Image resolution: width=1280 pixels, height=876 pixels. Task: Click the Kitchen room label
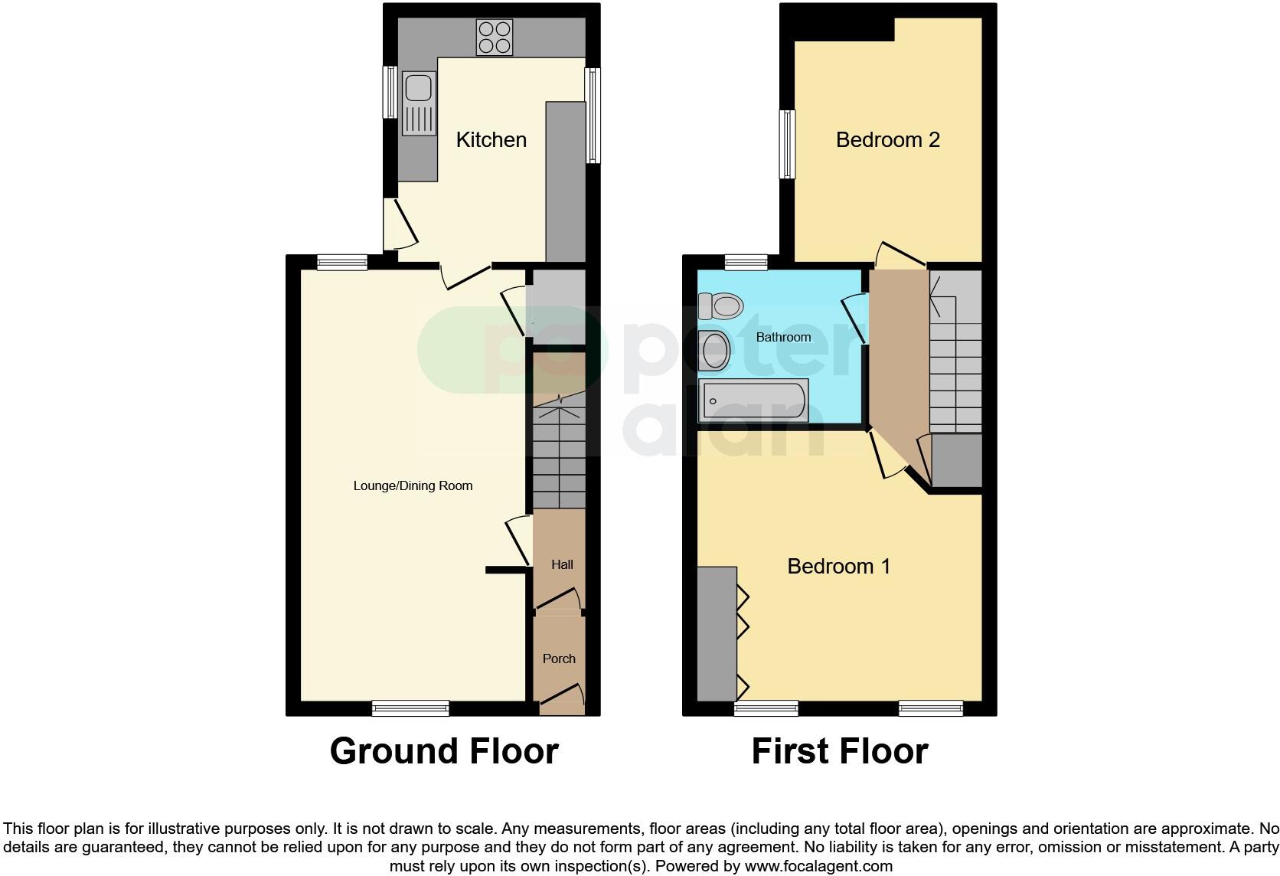[x=491, y=140]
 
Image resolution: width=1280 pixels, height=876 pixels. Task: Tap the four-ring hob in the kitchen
[x=495, y=37]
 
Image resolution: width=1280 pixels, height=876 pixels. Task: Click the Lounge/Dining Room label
[x=413, y=485]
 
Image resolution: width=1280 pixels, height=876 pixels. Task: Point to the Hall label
[x=562, y=564]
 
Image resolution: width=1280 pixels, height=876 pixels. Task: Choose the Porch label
[x=559, y=659]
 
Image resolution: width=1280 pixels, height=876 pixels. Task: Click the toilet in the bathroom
[x=720, y=306]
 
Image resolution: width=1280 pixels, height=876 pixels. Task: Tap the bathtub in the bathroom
[x=754, y=400]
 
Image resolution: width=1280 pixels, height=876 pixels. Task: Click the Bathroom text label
[x=783, y=337]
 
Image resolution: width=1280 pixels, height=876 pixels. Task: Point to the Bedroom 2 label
[x=887, y=140]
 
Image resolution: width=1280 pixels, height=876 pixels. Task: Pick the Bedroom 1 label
[x=838, y=567]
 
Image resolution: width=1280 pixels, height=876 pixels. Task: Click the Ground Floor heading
[x=444, y=751]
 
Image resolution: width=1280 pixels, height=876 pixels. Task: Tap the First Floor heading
[x=840, y=751]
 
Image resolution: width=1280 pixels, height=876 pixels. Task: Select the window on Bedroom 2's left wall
[x=787, y=144]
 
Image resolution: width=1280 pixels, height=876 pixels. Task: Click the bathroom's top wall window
[x=746, y=263]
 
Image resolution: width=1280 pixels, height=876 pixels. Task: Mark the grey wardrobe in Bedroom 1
[x=717, y=633]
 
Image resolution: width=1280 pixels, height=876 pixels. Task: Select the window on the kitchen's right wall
[x=593, y=116]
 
